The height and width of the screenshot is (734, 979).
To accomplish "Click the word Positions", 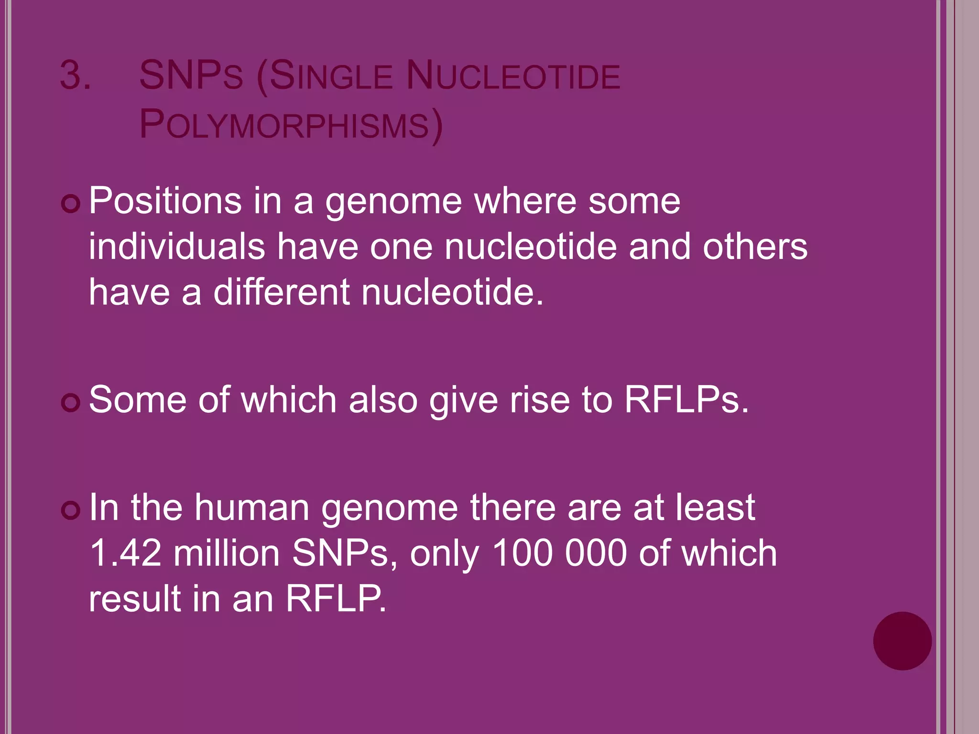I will [165, 201].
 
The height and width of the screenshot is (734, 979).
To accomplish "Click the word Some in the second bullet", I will [138, 399].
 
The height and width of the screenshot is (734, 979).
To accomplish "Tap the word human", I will [252, 507].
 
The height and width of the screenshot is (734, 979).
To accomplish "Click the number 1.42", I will [125, 553].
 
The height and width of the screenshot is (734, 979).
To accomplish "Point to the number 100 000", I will [559, 553].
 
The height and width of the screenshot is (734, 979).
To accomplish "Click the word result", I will [135, 598].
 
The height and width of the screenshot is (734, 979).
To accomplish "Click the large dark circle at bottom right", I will [902, 641].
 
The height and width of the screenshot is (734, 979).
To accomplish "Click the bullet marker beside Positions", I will [71, 205].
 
